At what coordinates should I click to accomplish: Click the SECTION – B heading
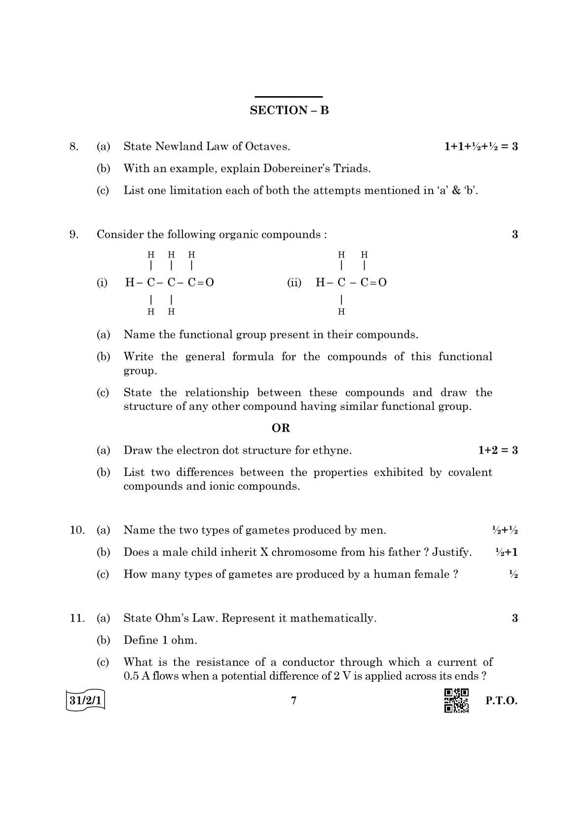coord(289,110)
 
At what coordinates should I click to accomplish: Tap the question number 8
coord(73,146)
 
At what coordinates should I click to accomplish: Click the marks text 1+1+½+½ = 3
coord(481,146)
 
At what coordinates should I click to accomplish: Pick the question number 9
coord(73,234)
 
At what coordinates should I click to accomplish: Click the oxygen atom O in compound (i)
coord(210,283)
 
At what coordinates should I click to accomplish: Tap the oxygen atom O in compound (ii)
coord(382,283)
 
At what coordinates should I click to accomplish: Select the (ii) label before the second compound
coord(294,283)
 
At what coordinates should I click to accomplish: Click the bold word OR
coord(281,428)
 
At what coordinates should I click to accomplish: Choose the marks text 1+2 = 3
coord(498,450)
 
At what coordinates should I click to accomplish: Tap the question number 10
coord(77,530)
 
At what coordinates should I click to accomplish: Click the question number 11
coord(77,618)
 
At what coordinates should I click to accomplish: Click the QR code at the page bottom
coord(456,701)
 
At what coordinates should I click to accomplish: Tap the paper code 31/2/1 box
coord(85,701)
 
